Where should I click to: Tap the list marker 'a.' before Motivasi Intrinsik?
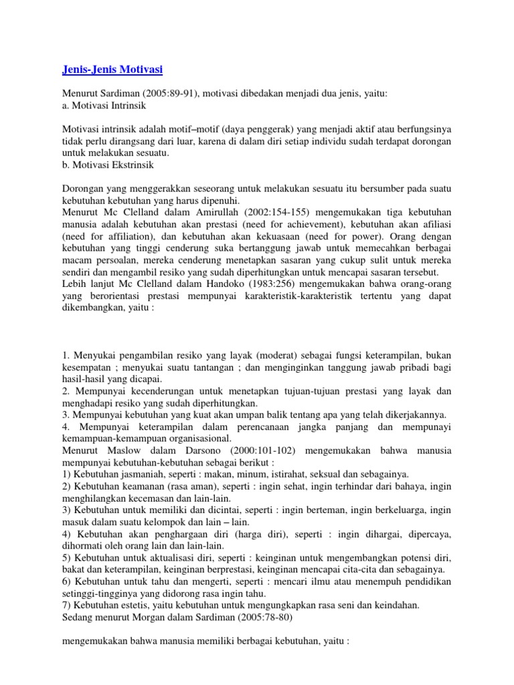65,106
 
